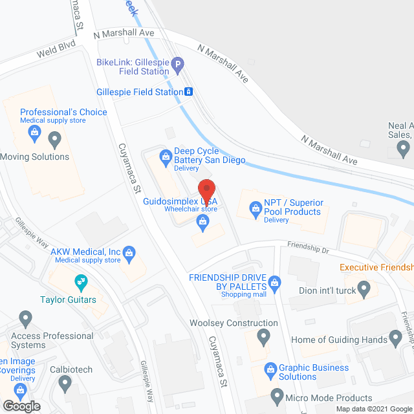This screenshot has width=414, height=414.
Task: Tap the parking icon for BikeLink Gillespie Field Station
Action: pyautogui.click(x=179, y=64)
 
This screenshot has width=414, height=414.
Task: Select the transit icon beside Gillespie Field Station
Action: pyautogui.click(x=188, y=92)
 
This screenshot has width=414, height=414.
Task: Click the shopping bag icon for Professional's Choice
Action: pyautogui.click(x=35, y=135)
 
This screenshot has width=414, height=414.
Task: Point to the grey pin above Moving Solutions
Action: pyautogui.click(x=55, y=138)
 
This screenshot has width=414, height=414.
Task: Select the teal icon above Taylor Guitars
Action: pyautogui.click(x=81, y=281)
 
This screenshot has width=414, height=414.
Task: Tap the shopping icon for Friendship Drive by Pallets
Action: pyautogui.click(x=274, y=282)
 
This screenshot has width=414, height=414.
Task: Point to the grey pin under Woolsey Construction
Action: pyautogui.click(x=263, y=336)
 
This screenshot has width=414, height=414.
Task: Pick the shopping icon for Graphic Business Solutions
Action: pyautogui.click(x=271, y=369)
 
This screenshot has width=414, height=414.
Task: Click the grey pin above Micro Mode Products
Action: pyautogui.click(x=278, y=394)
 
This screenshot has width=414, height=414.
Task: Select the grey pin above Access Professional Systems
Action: pyautogui.click(x=25, y=318)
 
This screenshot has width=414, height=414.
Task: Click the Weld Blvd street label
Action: pyautogui.click(x=57, y=45)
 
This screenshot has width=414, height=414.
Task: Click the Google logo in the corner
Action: pyautogui.click(x=21, y=406)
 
